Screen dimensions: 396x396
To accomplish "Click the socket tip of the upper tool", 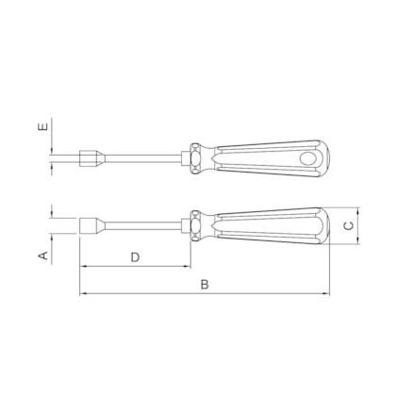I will (93, 157).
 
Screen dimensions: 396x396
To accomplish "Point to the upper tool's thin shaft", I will (141, 157).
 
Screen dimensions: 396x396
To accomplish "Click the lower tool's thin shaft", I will (141, 226).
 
